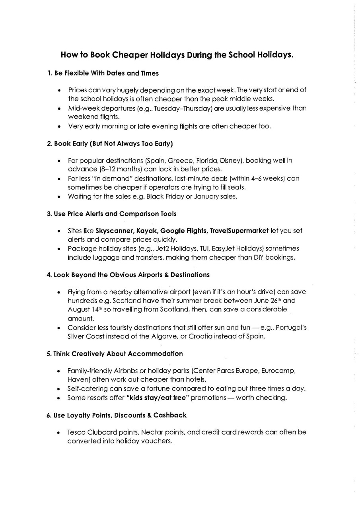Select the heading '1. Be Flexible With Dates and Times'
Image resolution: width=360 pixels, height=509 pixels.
click(103, 73)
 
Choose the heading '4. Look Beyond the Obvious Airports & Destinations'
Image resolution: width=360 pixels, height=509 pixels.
click(128, 275)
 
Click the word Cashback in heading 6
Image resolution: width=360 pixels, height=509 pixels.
click(170, 415)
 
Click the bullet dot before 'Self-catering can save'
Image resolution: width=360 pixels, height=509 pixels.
click(59, 389)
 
